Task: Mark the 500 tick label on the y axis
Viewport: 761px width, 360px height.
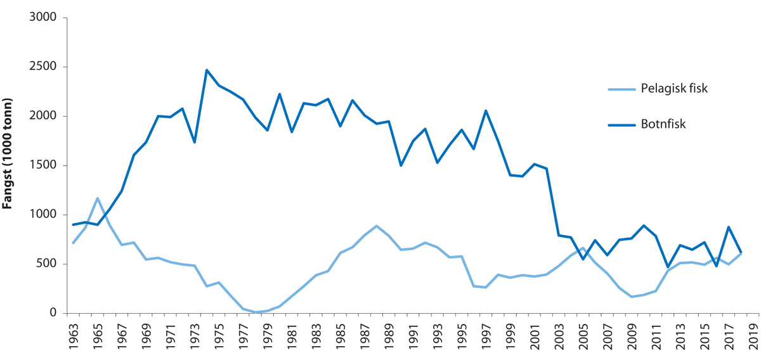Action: point(48,264)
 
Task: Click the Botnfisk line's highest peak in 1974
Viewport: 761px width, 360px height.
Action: point(207,70)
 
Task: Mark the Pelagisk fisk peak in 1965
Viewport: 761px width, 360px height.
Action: point(97,198)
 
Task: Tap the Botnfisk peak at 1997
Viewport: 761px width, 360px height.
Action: point(485,111)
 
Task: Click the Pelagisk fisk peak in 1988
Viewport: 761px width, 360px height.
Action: point(377,226)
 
